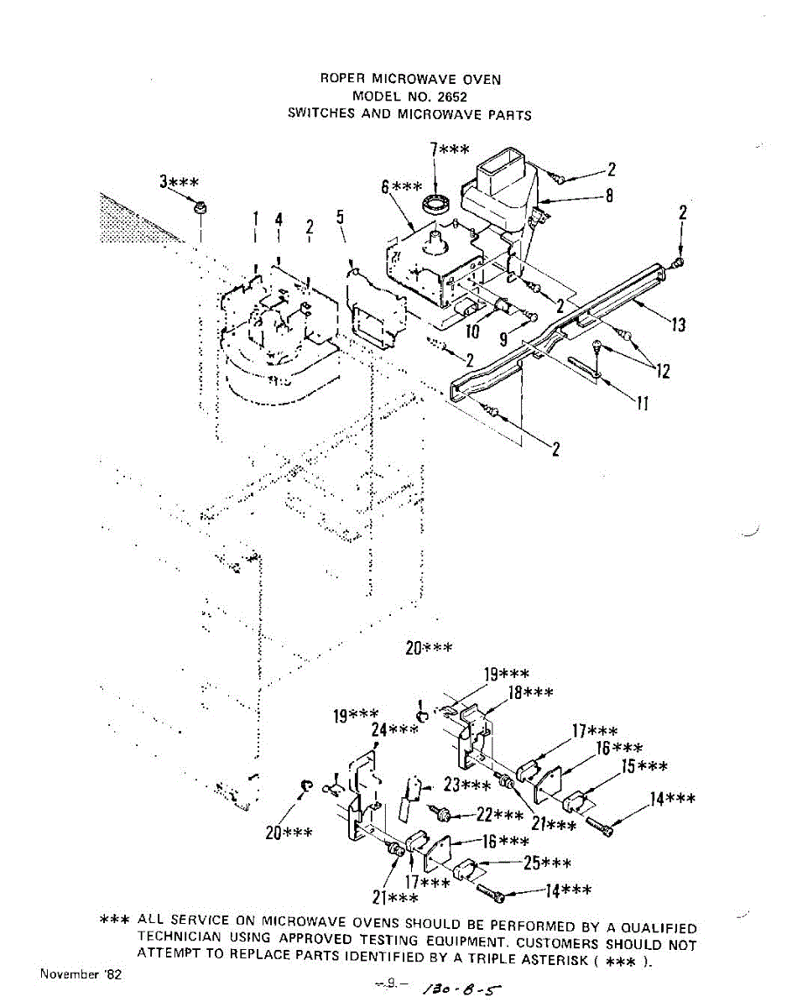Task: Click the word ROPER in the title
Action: [341, 80]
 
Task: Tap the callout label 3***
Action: [180, 181]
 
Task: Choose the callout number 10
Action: [472, 331]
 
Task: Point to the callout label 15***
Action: [644, 768]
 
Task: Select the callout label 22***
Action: [499, 815]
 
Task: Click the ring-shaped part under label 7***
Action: [435, 202]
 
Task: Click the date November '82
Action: [80, 975]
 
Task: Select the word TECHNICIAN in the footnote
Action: [180, 937]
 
